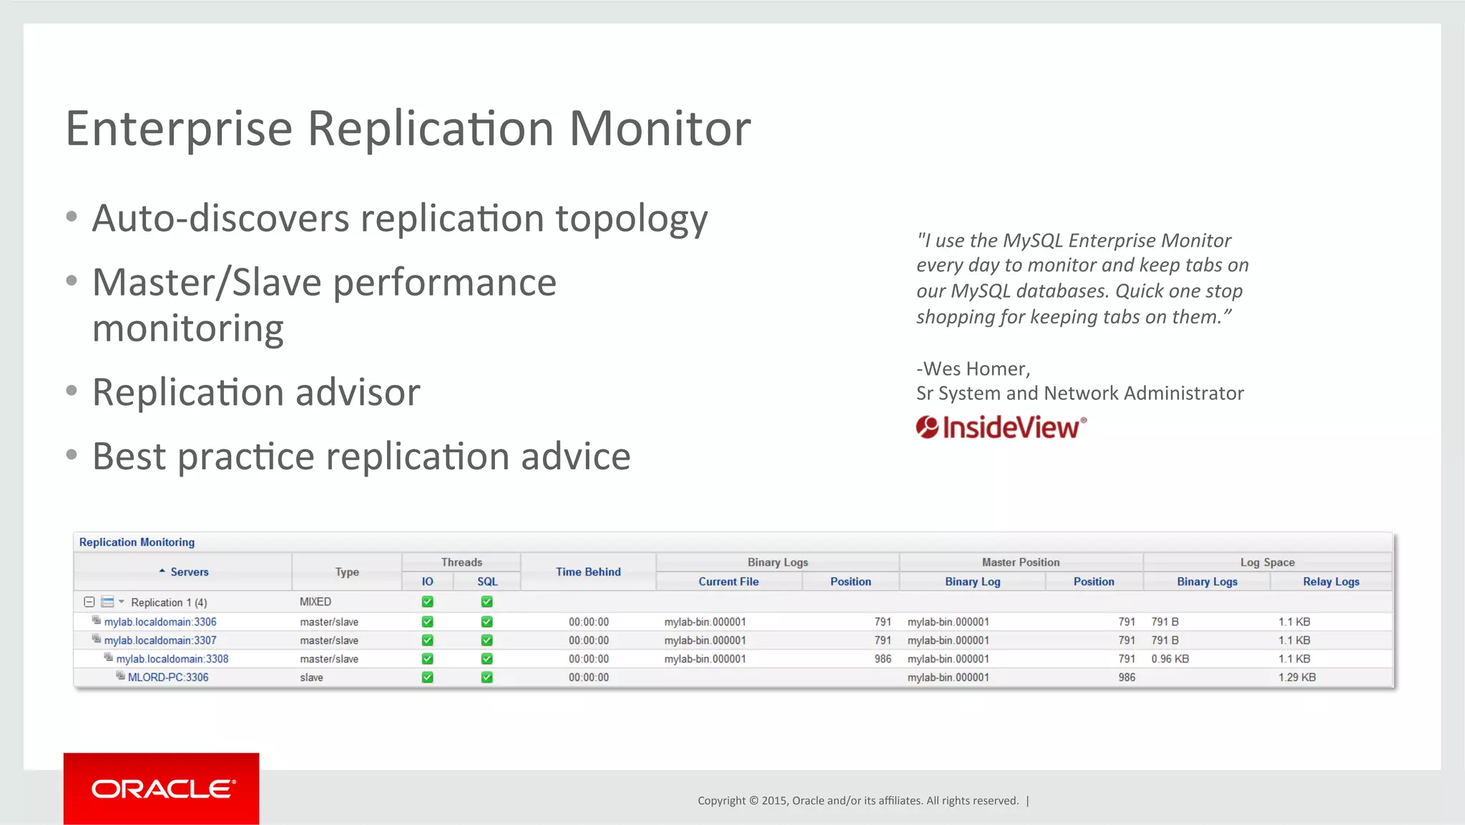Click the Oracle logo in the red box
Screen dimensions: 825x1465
click(162, 789)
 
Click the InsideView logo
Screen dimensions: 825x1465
click(1001, 427)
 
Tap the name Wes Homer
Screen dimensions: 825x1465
click(976, 368)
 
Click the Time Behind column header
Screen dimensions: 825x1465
click(588, 572)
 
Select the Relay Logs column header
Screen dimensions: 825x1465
click(1331, 582)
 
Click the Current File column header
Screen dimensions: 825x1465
click(728, 582)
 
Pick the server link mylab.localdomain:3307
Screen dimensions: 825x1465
click(160, 640)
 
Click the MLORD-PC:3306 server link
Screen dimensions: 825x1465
click(168, 678)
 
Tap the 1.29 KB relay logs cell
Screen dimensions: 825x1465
click(1297, 678)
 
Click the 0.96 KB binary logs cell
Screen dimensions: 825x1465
click(1170, 659)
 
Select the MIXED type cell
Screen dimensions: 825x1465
click(315, 602)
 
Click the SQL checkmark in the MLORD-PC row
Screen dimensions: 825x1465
click(486, 678)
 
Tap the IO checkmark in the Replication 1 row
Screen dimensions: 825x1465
click(427, 602)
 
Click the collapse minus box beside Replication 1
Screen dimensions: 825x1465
click(89, 602)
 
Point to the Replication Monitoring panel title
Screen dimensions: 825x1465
click(137, 542)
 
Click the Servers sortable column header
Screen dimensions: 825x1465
click(189, 572)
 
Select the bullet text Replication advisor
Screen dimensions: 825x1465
click(256, 392)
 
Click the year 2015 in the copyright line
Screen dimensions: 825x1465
click(773, 801)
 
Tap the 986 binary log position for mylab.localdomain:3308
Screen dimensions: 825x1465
click(883, 659)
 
